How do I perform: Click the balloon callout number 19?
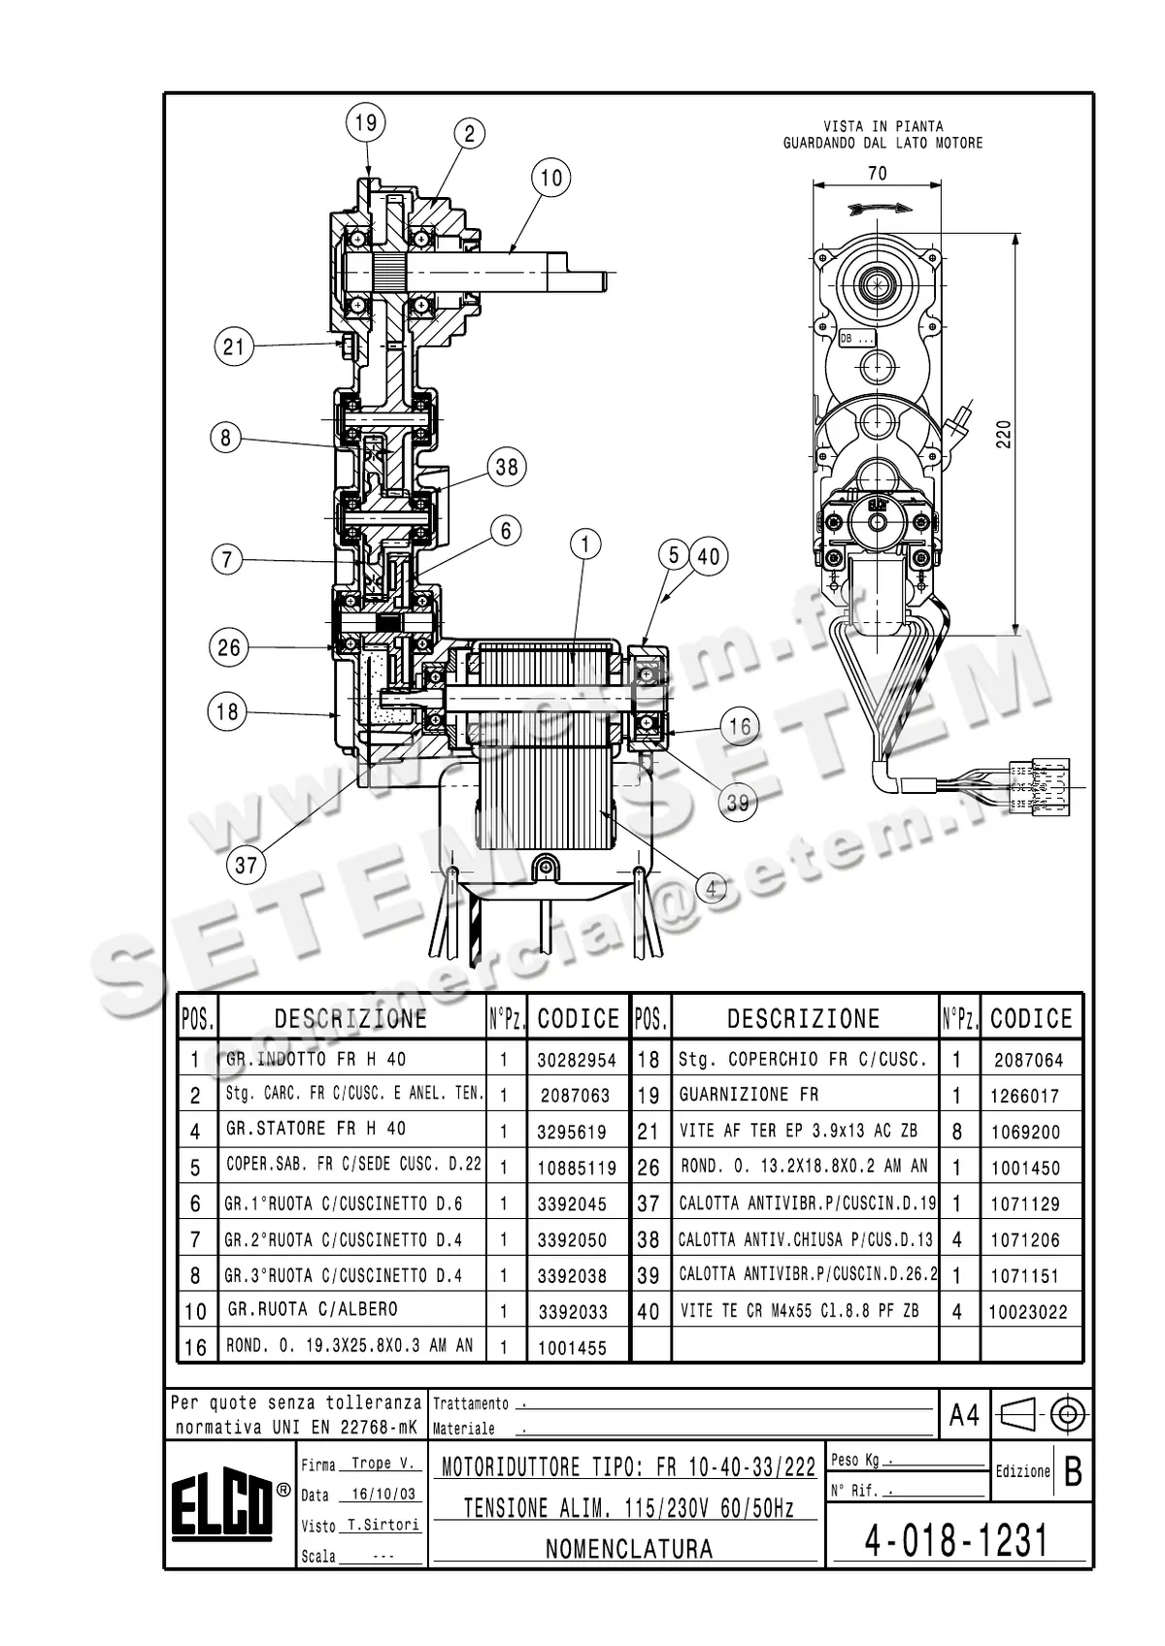365,123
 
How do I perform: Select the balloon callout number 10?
550,178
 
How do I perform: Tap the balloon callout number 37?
246,864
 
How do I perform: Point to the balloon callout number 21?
234,346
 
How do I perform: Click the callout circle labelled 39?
738,803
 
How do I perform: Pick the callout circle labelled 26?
229,647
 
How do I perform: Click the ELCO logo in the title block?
222,1507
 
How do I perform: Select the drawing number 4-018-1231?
956,1540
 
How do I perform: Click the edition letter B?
1073,1472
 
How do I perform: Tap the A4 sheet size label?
963,1416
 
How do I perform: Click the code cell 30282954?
577,1060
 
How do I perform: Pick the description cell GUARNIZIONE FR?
749,1095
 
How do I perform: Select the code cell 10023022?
1028,1312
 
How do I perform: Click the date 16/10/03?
386,1495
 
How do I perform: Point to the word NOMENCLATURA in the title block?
629,1549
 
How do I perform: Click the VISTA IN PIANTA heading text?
882,126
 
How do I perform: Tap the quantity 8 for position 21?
957,1131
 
